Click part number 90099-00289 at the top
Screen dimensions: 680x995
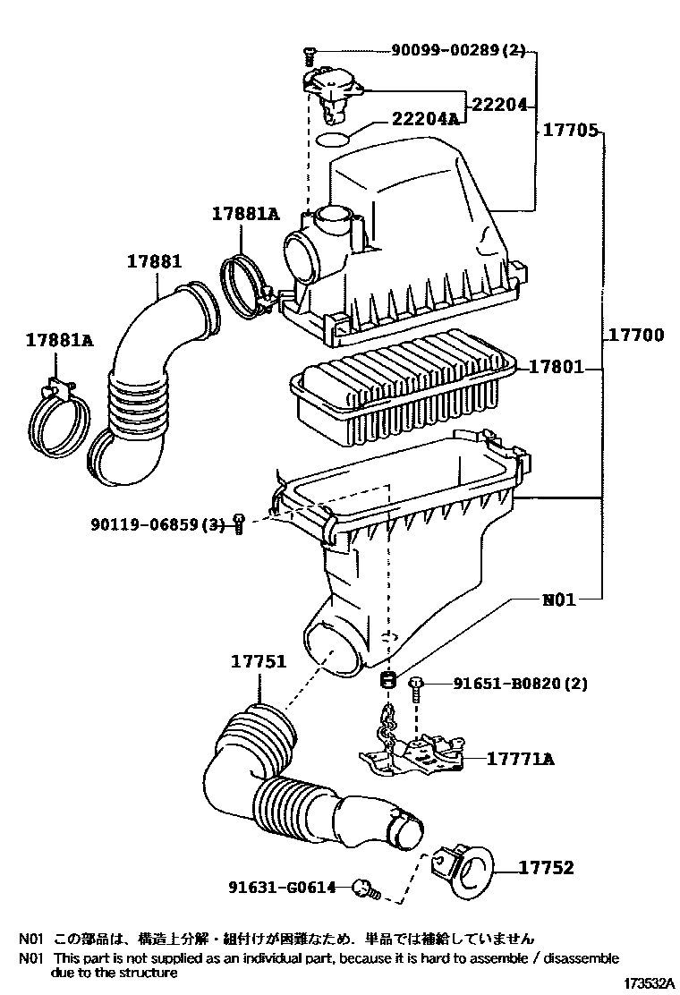444,49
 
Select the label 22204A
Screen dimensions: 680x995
425,119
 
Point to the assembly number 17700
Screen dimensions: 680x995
637,335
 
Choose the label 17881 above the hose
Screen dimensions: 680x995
154,260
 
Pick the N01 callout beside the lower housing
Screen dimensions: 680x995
559,599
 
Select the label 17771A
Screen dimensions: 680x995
520,759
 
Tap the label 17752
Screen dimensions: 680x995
547,867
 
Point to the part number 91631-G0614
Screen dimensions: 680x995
282,887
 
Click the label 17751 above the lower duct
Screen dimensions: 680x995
259,661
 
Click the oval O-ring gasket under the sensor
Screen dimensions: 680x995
333,139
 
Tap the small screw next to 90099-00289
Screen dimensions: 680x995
310,55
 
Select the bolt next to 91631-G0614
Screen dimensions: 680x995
366,889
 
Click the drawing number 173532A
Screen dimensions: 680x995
650,983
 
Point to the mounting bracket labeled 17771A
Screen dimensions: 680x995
412,755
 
